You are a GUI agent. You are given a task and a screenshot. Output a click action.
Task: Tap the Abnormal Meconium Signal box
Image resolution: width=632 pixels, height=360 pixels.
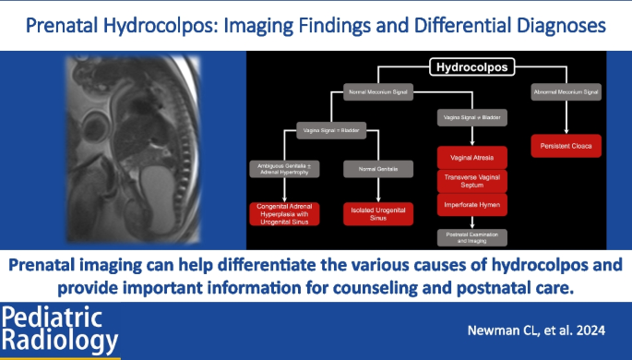pyautogui.click(x=565, y=91)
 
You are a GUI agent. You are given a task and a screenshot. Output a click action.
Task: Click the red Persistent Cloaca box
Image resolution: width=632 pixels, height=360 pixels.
pyautogui.click(x=565, y=146)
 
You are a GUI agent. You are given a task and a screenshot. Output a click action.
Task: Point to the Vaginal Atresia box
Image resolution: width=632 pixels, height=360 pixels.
pyautogui.click(x=472, y=157)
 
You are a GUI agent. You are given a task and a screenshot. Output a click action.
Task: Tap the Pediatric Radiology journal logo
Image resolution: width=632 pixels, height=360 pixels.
pyautogui.click(x=61, y=330)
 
